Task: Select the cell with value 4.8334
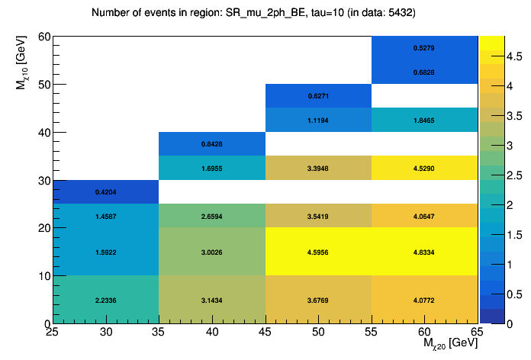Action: pyautogui.click(x=425, y=251)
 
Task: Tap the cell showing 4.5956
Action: pyautogui.click(x=318, y=251)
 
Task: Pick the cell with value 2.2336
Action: pyautogui.click(x=106, y=299)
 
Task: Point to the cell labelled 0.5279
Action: pyautogui.click(x=425, y=48)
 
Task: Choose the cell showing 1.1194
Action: pyautogui.click(x=318, y=121)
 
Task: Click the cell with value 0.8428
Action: pyautogui.click(x=212, y=144)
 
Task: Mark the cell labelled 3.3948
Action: pyautogui.click(x=318, y=168)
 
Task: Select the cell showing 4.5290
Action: pyautogui.click(x=425, y=168)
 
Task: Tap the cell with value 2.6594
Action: pyautogui.click(x=212, y=216)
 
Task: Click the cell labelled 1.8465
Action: pyautogui.click(x=425, y=121)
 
